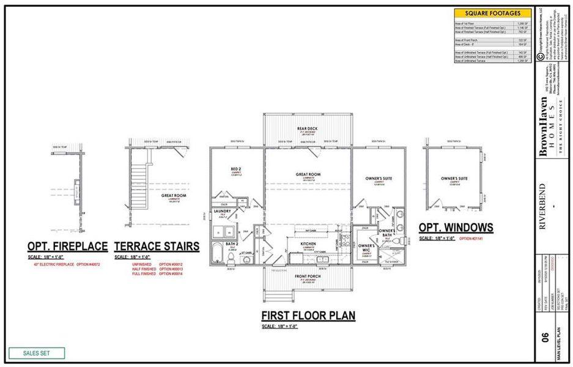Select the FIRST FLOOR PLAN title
tap(308, 316)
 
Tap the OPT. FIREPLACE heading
tap(67, 246)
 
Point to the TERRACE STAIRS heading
tap(157, 246)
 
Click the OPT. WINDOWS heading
tap(456, 228)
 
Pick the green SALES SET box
tap(36, 353)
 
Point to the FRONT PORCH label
tap(308, 276)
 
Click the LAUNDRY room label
tap(221, 211)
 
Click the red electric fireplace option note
tap(67, 264)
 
